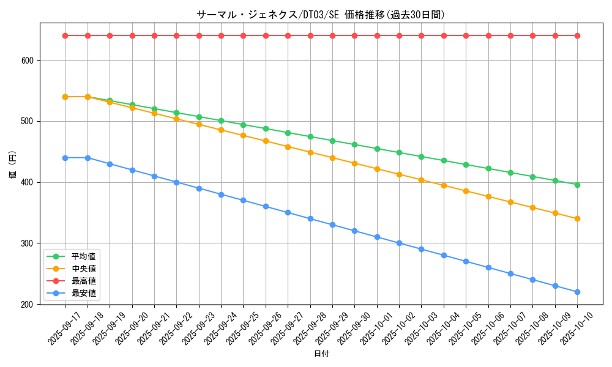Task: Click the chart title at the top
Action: pos(321,15)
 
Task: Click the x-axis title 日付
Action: pos(321,354)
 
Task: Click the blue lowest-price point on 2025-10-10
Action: pos(577,292)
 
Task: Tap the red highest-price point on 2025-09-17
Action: pos(65,35)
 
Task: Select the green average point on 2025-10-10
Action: pos(577,185)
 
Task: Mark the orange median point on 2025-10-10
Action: pos(577,218)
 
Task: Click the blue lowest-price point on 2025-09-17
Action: pos(65,158)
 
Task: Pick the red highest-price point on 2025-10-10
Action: pos(577,35)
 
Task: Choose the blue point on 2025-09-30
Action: pos(354,231)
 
